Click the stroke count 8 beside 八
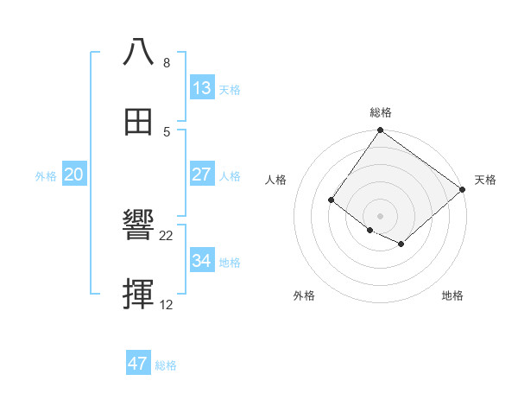pyautogui.click(x=166, y=63)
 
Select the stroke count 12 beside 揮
pyautogui.click(x=167, y=306)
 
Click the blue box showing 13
pyautogui.click(x=201, y=87)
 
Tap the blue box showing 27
pyautogui.click(x=201, y=174)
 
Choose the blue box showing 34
pyautogui.click(x=201, y=261)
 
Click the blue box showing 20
pyautogui.click(x=74, y=174)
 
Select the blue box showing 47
pyautogui.click(x=138, y=364)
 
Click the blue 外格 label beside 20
pyautogui.click(x=46, y=176)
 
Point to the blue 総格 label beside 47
pyautogui.click(x=167, y=365)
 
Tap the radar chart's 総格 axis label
pyautogui.click(x=381, y=112)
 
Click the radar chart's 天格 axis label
pyautogui.click(x=485, y=180)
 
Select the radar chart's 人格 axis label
pyautogui.click(x=276, y=180)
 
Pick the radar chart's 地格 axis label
pyautogui.click(x=452, y=295)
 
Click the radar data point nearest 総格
pyautogui.click(x=381, y=131)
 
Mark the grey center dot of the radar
pyautogui.click(x=381, y=215)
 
